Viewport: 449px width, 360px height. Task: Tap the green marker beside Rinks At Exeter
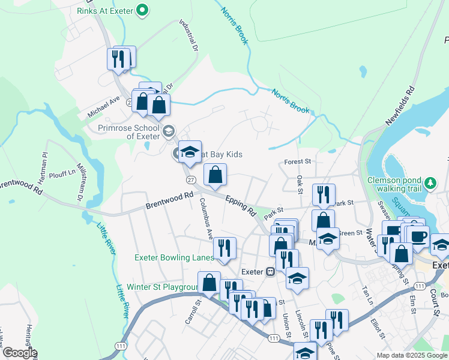pos(142,10)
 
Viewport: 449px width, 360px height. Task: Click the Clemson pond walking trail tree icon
pos(430,182)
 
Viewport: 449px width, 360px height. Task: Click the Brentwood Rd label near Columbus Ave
pos(170,200)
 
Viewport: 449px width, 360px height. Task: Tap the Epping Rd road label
pos(241,205)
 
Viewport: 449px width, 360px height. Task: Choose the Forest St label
pos(298,161)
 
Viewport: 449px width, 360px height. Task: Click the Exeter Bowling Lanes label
pos(174,258)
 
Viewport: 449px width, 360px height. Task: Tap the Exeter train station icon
pos(271,271)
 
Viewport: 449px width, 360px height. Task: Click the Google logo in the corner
pos(19,353)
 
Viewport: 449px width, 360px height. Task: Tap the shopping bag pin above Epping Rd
pos(215,176)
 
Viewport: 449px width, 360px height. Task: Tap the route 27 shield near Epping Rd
pos(191,179)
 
